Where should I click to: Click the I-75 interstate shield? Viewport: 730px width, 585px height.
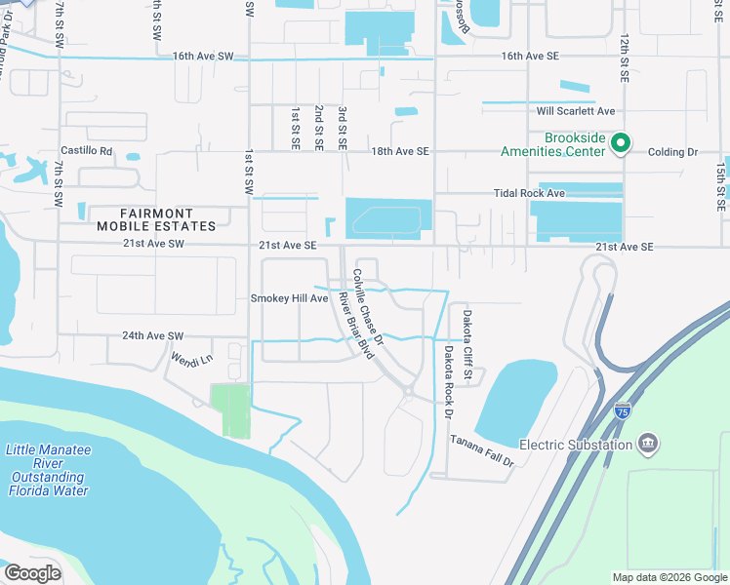tap(623, 413)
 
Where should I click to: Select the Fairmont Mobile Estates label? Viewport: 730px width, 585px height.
tap(156, 219)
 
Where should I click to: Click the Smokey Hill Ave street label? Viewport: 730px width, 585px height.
tap(289, 298)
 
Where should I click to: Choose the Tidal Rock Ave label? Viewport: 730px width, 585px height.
tap(529, 193)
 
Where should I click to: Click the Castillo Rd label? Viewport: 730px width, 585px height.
tap(87, 151)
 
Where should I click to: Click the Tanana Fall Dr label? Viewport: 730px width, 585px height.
tap(481, 451)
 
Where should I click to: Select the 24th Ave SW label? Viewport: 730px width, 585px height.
tap(153, 335)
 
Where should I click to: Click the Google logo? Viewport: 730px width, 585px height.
tap(32, 573)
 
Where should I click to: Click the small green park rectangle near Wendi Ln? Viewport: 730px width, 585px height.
tap(230, 410)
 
